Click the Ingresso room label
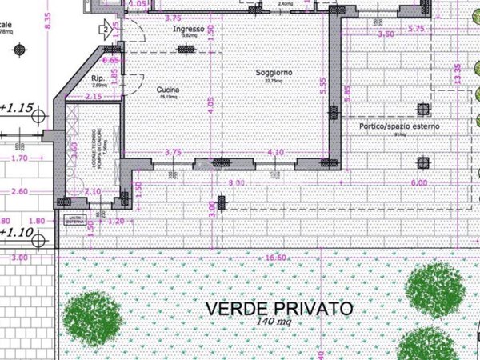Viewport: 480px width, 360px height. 190,29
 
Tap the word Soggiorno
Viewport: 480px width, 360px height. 274,73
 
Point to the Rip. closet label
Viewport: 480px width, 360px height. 99,78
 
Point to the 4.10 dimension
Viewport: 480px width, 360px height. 275,152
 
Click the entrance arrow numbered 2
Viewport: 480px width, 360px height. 104,30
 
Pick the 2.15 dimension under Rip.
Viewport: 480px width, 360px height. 94,97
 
